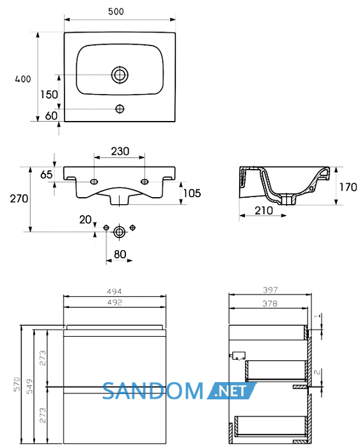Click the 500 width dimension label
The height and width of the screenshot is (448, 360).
[116, 12]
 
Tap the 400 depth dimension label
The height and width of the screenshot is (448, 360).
[23, 79]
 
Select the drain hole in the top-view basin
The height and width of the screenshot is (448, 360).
[120, 75]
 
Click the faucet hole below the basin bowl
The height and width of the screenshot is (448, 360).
[120, 109]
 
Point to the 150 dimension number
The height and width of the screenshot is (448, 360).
[49, 95]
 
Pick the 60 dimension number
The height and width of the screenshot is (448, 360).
[51, 116]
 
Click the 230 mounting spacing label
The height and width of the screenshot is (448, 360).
[120, 151]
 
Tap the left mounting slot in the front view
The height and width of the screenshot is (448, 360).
[94, 181]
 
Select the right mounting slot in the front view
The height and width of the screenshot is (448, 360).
[145, 181]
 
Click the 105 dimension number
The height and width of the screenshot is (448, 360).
[192, 193]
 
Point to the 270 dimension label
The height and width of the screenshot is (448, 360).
[19, 198]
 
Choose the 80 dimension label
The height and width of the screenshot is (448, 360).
[120, 254]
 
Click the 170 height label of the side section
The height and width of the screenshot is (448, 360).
[348, 187]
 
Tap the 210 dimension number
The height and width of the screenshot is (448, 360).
[264, 211]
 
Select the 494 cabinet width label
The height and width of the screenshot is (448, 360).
[114, 291]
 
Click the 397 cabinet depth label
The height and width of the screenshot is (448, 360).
[270, 290]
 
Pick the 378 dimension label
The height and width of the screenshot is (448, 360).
[270, 303]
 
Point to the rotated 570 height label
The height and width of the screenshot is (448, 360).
[17, 384]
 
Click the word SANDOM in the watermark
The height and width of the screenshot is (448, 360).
[153, 391]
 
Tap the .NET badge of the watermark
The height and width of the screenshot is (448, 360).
[231, 391]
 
